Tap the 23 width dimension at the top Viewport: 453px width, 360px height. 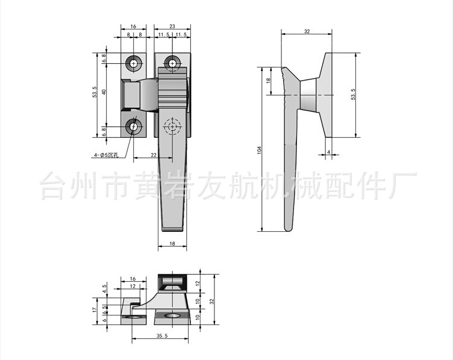pyautogui.click(x=172, y=27)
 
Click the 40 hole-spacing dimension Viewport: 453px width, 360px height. pyautogui.click(x=104, y=92)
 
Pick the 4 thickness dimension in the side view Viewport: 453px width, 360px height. pyautogui.click(x=329, y=152)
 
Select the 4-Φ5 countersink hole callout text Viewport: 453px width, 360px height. pyautogui.click(x=106, y=155)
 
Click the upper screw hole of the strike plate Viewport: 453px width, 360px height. pyautogui.click(x=134, y=63)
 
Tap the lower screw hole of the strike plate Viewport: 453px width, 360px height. pyautogui.click(x=134, y=127)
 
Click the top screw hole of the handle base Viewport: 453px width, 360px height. pyautogui.click(x=173, y=63)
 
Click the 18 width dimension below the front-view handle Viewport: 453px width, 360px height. pyautogui.click(x=172, y=244)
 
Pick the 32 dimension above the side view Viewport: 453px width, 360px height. pyautogui.click(x=307, y=31)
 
